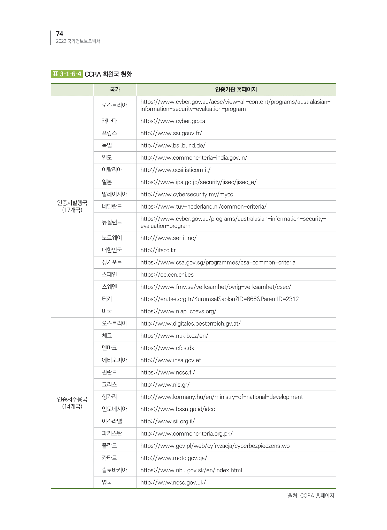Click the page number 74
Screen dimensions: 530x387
coord(59,34)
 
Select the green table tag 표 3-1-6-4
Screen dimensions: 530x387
coord(67,74)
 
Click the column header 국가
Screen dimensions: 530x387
coord(115,90)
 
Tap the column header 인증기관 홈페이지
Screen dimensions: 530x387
coord(236,90)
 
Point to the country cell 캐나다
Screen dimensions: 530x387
coord(109,121)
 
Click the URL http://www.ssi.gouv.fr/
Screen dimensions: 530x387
coord(171,133)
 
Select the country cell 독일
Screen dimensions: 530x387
coord(107,145)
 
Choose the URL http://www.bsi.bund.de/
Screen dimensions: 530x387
coord(173,145)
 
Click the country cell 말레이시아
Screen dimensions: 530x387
coord(114,194)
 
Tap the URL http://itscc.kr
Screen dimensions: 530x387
coord(158,250)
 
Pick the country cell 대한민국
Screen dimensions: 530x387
coord(112,250)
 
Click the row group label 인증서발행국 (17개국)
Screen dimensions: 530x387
coord(72,206)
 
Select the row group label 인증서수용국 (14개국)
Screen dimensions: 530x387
coord(72,403)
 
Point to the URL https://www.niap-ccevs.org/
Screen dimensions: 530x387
coord(178,311)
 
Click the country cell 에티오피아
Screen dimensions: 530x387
coord(114,360)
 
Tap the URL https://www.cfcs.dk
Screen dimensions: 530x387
coord(167,348)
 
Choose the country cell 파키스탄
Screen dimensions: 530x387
coord(112,433)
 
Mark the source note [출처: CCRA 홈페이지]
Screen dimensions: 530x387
coord(311,495)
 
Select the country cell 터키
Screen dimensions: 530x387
coord(107,299)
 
